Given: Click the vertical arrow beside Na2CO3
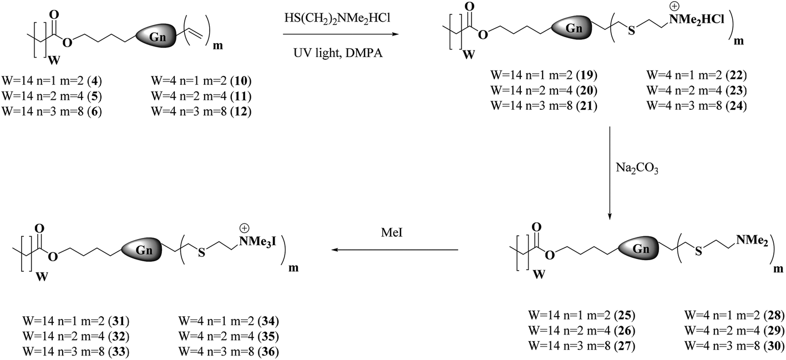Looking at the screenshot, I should point(610,173).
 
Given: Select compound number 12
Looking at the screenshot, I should point(242,112).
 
